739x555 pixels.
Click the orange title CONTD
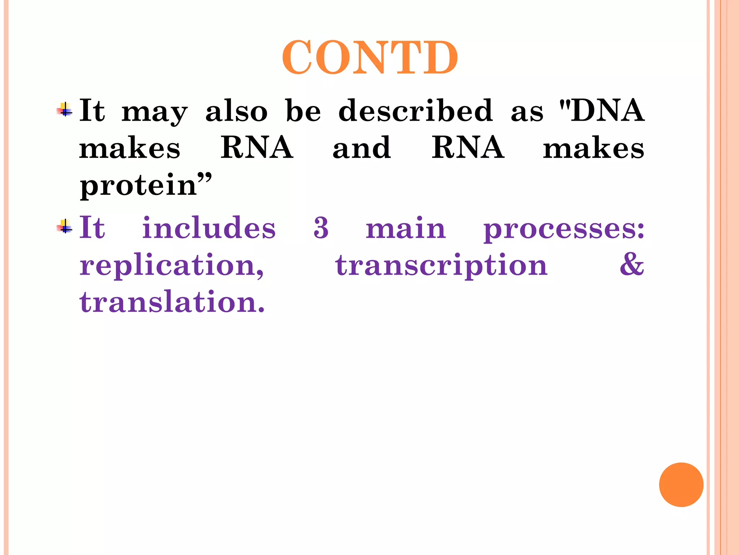pos(369,58)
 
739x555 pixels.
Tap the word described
pos(415,111)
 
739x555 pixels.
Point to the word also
pos(236,111)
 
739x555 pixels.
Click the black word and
pos(362,148)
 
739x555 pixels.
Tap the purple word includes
pos(209,228)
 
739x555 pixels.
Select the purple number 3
pos(321,228)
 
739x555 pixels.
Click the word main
pos(406,228)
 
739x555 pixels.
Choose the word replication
pos(171,266)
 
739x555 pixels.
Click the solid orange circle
pos(681,485)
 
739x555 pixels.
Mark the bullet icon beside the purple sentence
pos(65,227)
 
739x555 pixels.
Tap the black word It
pos(92,111)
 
